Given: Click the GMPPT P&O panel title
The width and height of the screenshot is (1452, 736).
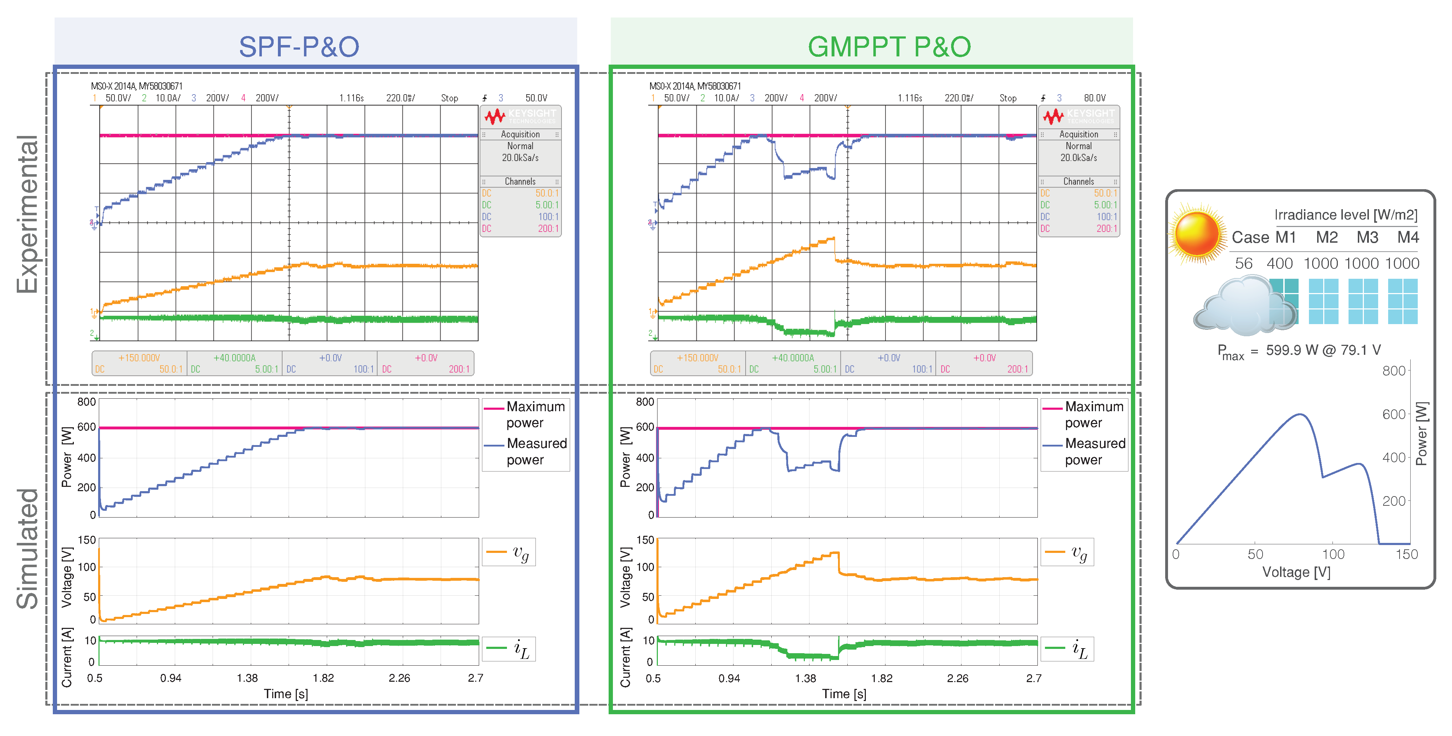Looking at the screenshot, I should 889,46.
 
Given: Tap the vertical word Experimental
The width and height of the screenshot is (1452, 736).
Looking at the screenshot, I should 27,214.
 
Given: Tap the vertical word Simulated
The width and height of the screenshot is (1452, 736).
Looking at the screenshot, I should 27,548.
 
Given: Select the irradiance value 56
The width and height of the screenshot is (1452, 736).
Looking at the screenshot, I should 1243,263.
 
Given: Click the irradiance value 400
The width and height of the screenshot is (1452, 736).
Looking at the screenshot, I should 1280,263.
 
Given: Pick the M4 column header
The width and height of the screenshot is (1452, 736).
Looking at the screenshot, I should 1407,237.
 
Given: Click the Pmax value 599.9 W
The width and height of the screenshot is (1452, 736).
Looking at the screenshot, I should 1292,350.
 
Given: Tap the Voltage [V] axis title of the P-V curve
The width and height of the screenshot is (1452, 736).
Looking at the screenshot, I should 1296,573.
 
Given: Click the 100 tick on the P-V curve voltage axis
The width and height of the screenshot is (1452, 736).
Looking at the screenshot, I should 1333,554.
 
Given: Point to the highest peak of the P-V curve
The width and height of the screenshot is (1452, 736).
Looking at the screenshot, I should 1300,415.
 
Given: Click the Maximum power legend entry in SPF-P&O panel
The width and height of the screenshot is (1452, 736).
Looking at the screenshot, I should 535,414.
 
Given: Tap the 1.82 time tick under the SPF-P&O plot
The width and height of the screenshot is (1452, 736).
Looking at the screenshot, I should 323,678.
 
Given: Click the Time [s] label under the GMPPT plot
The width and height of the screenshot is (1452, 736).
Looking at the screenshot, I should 844,694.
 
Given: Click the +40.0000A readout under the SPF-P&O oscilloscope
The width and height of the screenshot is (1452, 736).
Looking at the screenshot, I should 234,358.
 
